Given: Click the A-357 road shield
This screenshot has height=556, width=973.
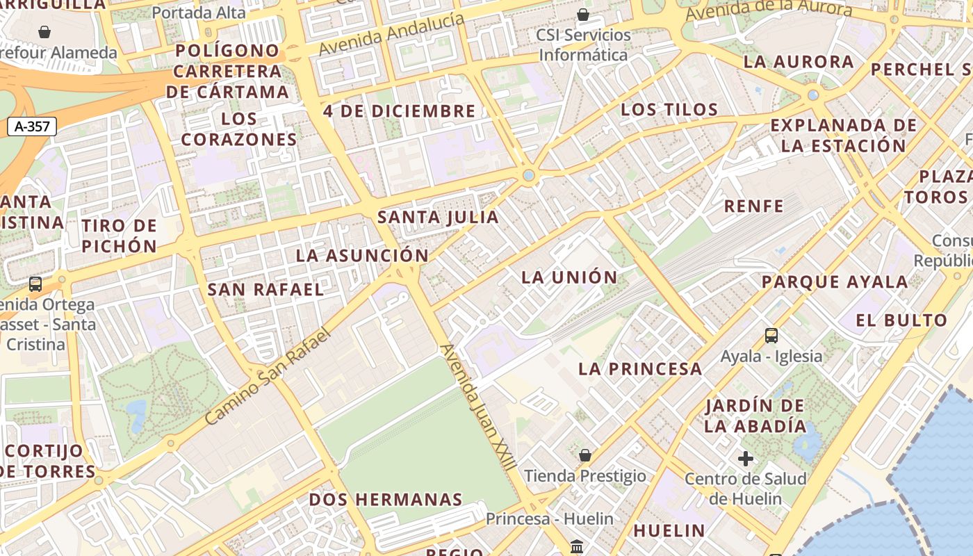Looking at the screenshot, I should tap(31, 126).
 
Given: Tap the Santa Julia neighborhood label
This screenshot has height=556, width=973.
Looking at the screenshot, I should tap(438, 217).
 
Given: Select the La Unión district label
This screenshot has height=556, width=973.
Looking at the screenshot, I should tap(569, 277).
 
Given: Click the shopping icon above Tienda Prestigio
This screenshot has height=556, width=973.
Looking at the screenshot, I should tap(585, 455).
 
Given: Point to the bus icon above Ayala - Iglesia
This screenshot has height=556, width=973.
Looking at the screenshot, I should tap(771, 336).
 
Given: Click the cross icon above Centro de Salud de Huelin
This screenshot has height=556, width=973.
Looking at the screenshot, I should tap(746, 459).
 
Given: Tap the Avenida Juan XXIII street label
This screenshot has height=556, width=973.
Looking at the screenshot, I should tap(477, 407).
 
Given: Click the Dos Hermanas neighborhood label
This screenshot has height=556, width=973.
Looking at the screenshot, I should tap(386, 499).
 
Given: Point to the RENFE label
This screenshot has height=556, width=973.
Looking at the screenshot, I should tap(753, 206).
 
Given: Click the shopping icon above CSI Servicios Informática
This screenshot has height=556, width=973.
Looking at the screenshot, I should tap(583, 15).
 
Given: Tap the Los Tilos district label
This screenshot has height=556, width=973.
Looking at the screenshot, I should tap(669, 110).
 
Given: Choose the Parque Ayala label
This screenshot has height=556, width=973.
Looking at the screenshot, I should tap(834, 282).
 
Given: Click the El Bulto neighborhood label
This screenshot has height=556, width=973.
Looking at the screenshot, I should tap(901, 320).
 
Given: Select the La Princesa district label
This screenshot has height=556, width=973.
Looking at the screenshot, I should tap(640, 369).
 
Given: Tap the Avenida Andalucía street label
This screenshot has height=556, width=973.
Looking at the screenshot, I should tap(391, 35).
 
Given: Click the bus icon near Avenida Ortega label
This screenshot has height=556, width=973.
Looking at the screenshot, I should tap(35, 284).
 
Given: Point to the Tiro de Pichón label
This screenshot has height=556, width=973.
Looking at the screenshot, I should tap(120, 236).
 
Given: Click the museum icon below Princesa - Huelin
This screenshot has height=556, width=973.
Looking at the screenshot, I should tap(576, 547).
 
